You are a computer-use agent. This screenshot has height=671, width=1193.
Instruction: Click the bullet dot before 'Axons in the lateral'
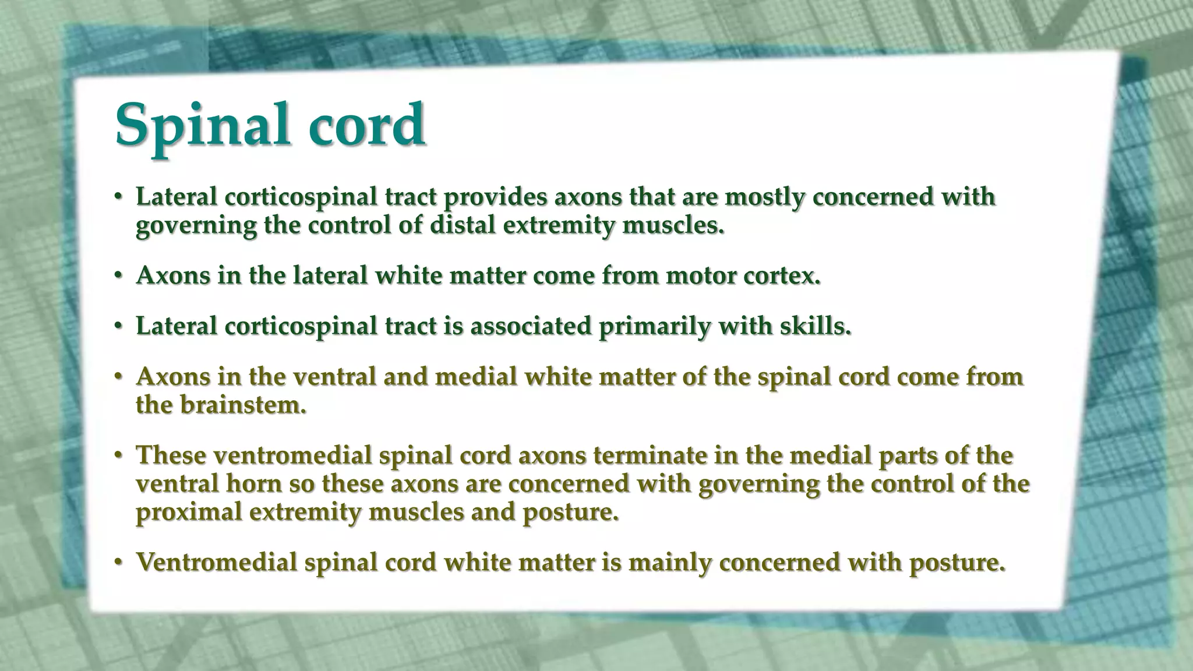coord(118,276)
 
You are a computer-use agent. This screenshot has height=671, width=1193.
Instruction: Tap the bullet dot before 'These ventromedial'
coord(118,455)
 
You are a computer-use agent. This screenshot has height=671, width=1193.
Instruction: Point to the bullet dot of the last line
coord(118,563)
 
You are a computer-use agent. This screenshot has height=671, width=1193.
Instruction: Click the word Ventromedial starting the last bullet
coord(217,563)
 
